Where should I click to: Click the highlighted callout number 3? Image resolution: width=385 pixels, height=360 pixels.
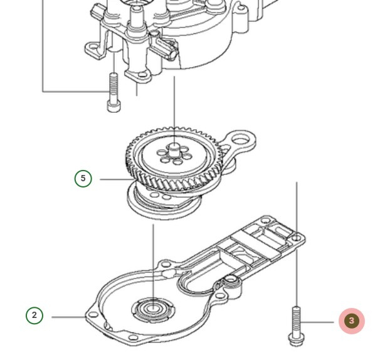tap(351, 321)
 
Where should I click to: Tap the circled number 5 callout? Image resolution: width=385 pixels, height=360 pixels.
tap(83, 179)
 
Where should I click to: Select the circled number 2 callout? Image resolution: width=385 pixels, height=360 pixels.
tap(34, 315)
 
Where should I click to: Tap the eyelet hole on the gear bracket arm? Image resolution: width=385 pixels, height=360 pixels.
tap(242, 140)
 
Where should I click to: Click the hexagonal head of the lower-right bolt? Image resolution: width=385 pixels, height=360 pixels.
tap(295, 340)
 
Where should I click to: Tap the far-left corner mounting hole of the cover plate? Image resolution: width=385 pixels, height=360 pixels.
tap(93, 314)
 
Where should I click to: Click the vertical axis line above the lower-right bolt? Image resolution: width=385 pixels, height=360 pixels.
tap(297, 238)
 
